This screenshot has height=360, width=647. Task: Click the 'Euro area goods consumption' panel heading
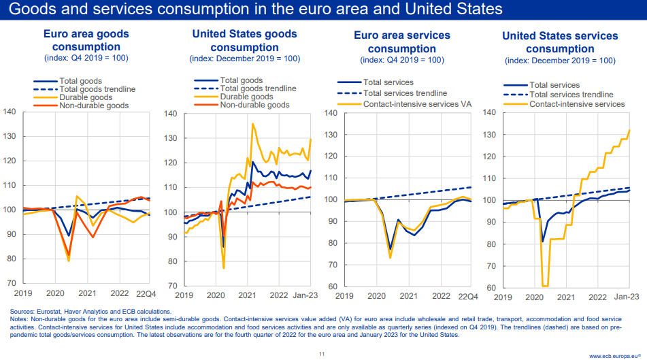pos(86,39)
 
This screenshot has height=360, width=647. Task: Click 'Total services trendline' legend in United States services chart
pos(571,95)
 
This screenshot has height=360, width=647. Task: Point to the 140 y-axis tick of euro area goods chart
pos(10,111)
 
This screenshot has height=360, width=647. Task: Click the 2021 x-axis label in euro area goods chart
pos(86,293)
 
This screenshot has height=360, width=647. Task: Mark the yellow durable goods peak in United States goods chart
pos(253,124)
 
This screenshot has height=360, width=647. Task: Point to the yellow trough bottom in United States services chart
pos(545,286)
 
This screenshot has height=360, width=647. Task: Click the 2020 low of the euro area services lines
pos(390,256)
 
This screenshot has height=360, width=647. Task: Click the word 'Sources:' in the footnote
pos(22,311)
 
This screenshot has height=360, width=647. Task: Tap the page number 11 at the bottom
pos(322,354)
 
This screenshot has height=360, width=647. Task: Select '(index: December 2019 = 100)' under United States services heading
pos(560,61)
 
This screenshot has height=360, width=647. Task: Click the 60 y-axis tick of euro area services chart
pos(330,287)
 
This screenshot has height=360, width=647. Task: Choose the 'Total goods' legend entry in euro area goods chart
pos(80,81)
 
